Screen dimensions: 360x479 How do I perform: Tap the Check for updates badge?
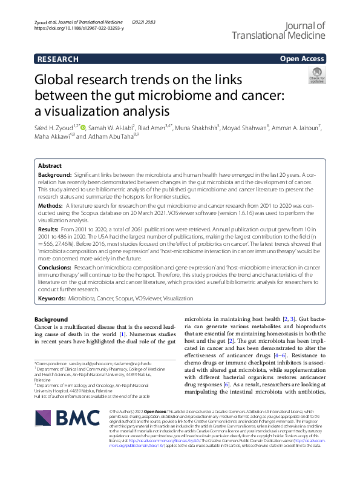point(316,76)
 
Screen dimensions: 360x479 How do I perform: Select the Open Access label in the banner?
point(302,59)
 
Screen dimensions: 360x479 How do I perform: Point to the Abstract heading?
point(50,165)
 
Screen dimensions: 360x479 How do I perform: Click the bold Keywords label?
point(53,299)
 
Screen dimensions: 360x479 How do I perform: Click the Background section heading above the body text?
point(51,319)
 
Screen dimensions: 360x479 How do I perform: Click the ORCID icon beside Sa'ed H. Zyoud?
point(83,128)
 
